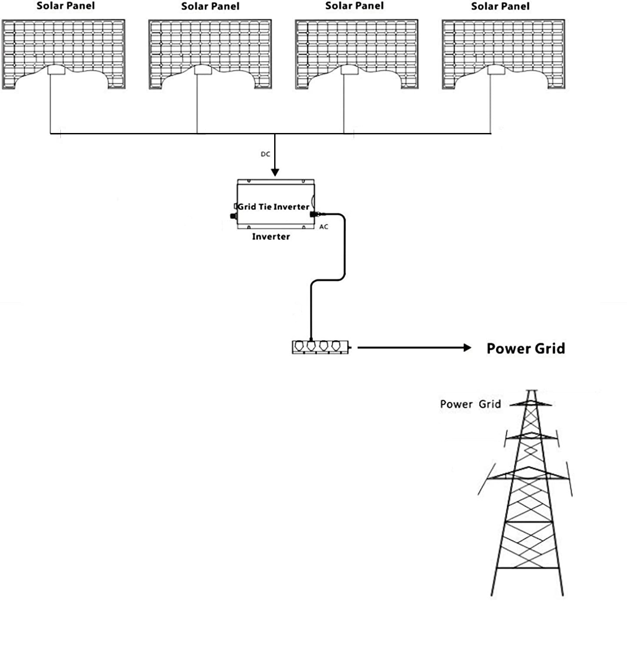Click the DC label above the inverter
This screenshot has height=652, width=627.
(x=265, y=154)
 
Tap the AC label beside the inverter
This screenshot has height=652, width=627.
(x=324, y=227)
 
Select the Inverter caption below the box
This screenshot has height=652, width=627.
(x=271, y=237)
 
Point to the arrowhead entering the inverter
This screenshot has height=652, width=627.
(x=275, y=172)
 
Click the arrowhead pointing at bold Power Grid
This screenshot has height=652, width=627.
(x=467, y=347)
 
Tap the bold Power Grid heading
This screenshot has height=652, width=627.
(x=525, y=349)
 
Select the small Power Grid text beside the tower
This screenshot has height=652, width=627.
(x=470, y=404)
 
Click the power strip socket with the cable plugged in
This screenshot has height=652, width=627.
(x=311, y=346)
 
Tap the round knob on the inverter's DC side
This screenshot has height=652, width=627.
(x=232, y=216)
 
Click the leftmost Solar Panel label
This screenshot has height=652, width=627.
(x=66, y=6)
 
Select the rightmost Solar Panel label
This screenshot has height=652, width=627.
(x=500, y=7)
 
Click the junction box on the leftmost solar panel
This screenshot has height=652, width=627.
(x=56, y=70)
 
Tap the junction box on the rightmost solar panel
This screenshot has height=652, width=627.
(x=496, y=70)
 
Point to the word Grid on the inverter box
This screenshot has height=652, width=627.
(x=247, y=207)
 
